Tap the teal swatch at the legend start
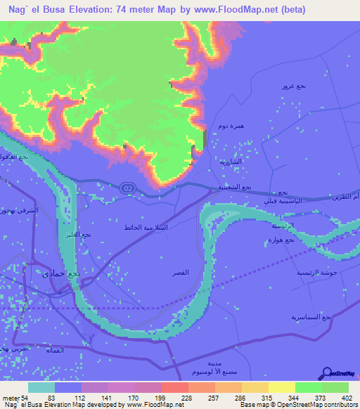click(41, 387)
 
